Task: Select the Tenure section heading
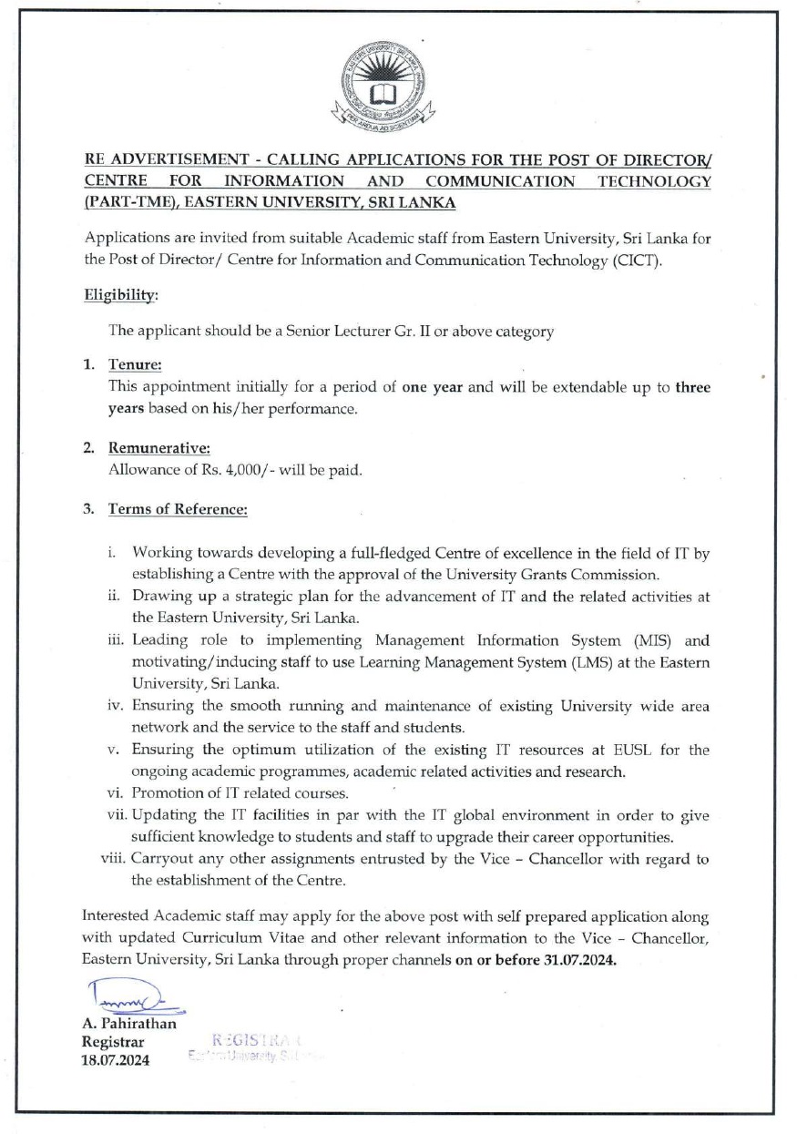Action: (x=135, y=364)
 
